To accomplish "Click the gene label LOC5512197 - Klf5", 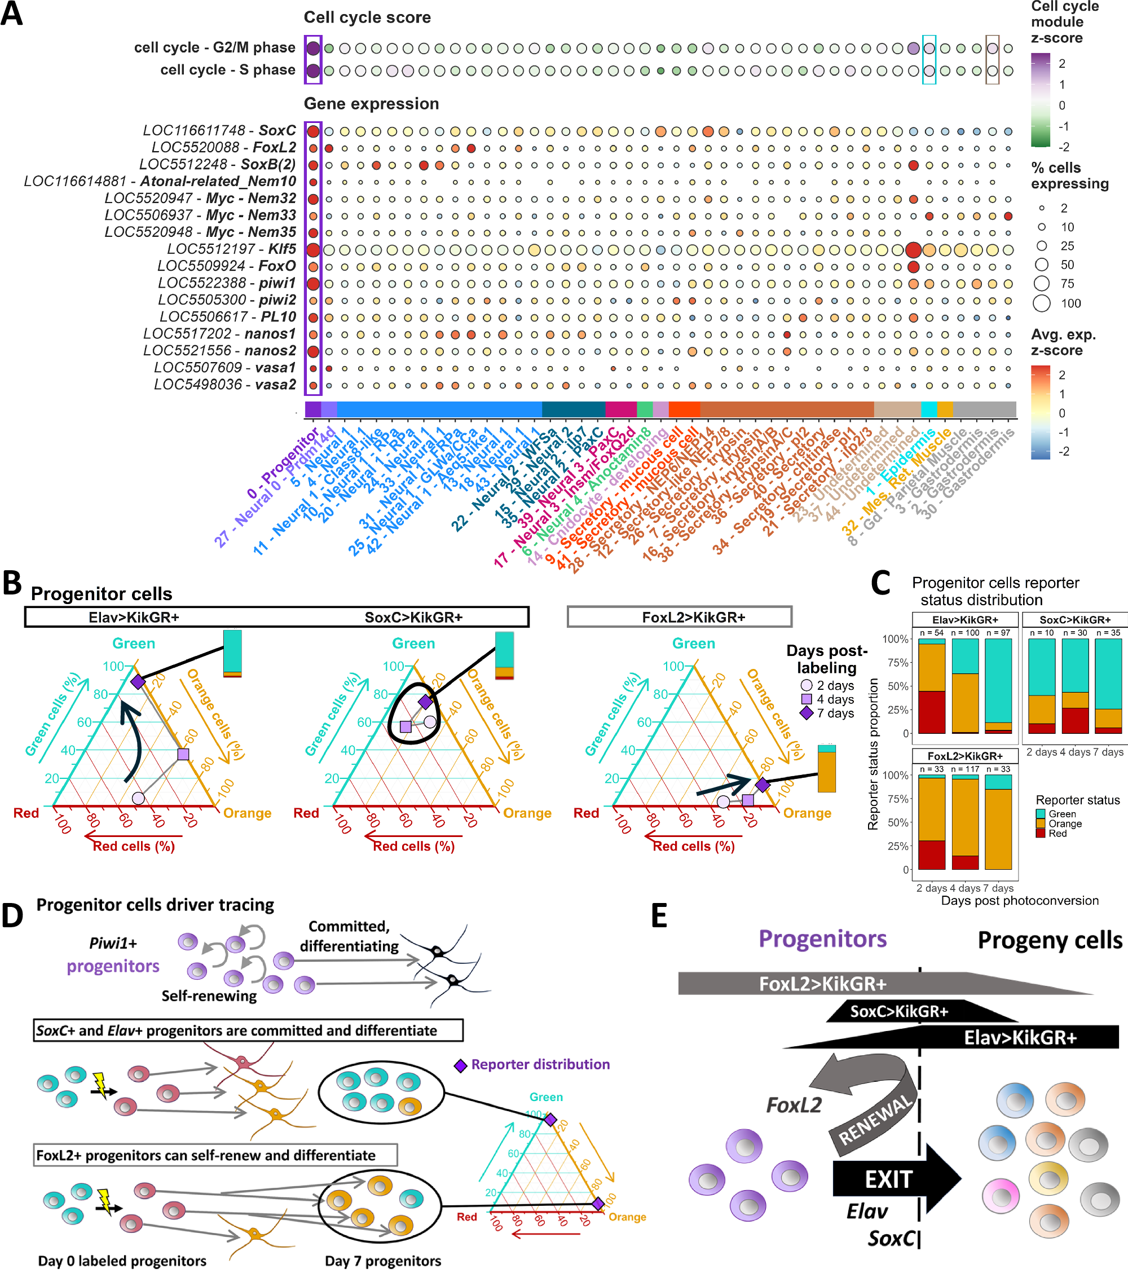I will coord(231,249).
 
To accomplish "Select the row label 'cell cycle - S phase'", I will coord(227,70).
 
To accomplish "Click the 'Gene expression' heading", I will coord(371,103).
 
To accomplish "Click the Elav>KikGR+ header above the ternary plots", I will coord(133,617).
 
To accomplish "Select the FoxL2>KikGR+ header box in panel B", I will coord(680,617).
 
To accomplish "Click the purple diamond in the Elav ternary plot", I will coord(138,681).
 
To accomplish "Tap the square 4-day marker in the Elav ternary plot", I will coord(183,754).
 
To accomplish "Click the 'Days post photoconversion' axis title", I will coord(1020,901).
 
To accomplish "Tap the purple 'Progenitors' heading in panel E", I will coord(822,939).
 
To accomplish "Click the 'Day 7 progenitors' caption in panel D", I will coord(382,1261).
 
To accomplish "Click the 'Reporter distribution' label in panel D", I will coord(539,1064).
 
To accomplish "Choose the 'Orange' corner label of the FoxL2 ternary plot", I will coord(807,813).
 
